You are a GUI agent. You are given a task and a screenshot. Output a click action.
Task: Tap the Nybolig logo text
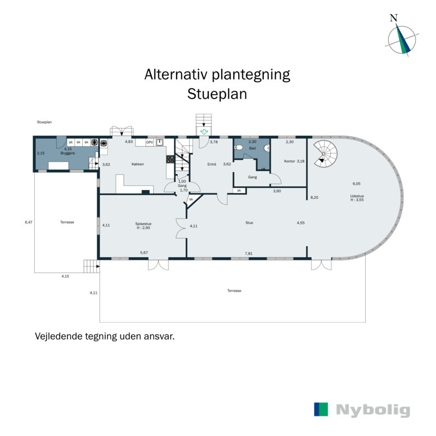373,410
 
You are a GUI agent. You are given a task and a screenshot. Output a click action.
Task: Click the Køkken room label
138,164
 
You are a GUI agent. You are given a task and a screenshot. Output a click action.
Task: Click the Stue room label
249,222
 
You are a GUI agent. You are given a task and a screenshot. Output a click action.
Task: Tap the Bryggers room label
68,153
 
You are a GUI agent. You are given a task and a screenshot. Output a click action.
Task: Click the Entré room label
212,163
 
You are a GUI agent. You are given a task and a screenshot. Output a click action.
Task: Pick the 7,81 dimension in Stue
249,253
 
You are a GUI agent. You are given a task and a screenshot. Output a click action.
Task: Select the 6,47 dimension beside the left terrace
29,222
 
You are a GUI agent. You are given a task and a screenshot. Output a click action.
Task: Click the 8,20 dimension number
314,197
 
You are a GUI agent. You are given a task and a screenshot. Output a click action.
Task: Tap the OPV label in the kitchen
149,142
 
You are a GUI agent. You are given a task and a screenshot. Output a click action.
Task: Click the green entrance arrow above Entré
204,132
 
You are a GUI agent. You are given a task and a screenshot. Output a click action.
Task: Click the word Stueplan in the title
217,94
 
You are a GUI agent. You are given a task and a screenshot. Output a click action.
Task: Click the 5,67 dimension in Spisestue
144,253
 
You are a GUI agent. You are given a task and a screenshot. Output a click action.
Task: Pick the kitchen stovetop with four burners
169,160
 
